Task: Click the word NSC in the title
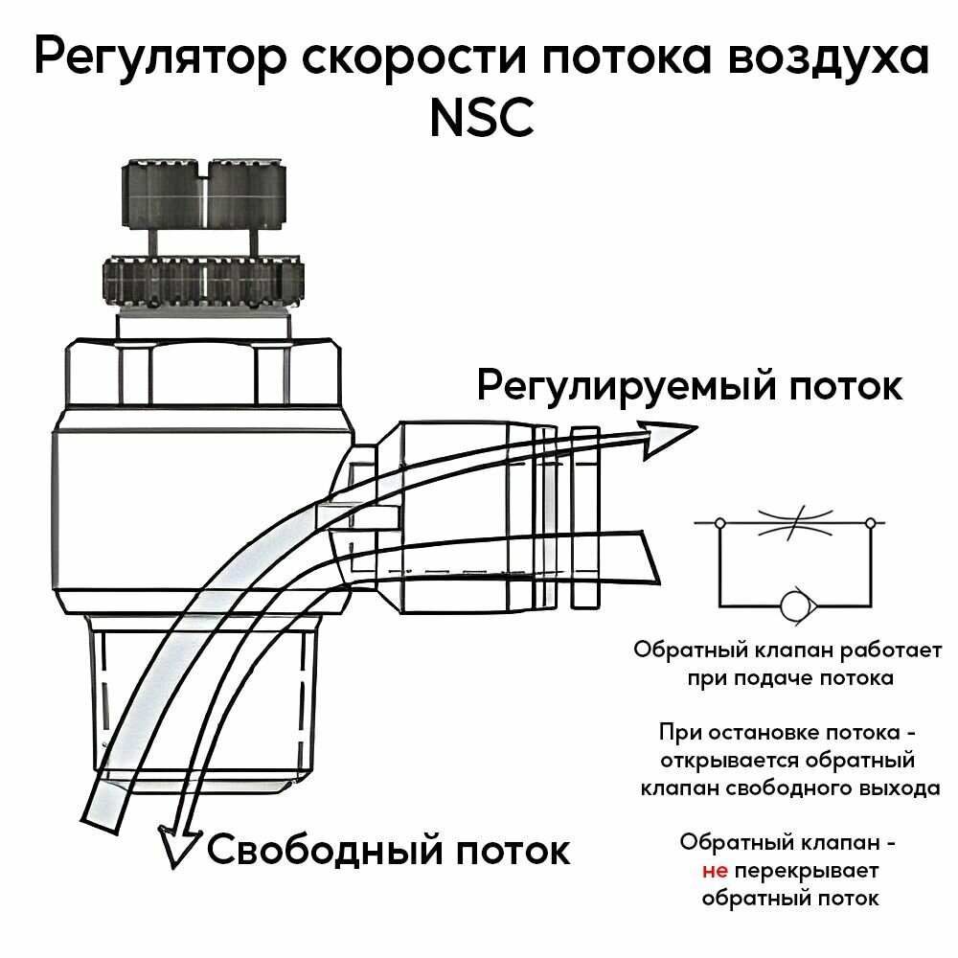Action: point(480,121)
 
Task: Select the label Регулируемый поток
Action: point(689,388)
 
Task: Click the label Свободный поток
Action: point(388,849)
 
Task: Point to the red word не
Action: point(715,872)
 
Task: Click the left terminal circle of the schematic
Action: point(718,524)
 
